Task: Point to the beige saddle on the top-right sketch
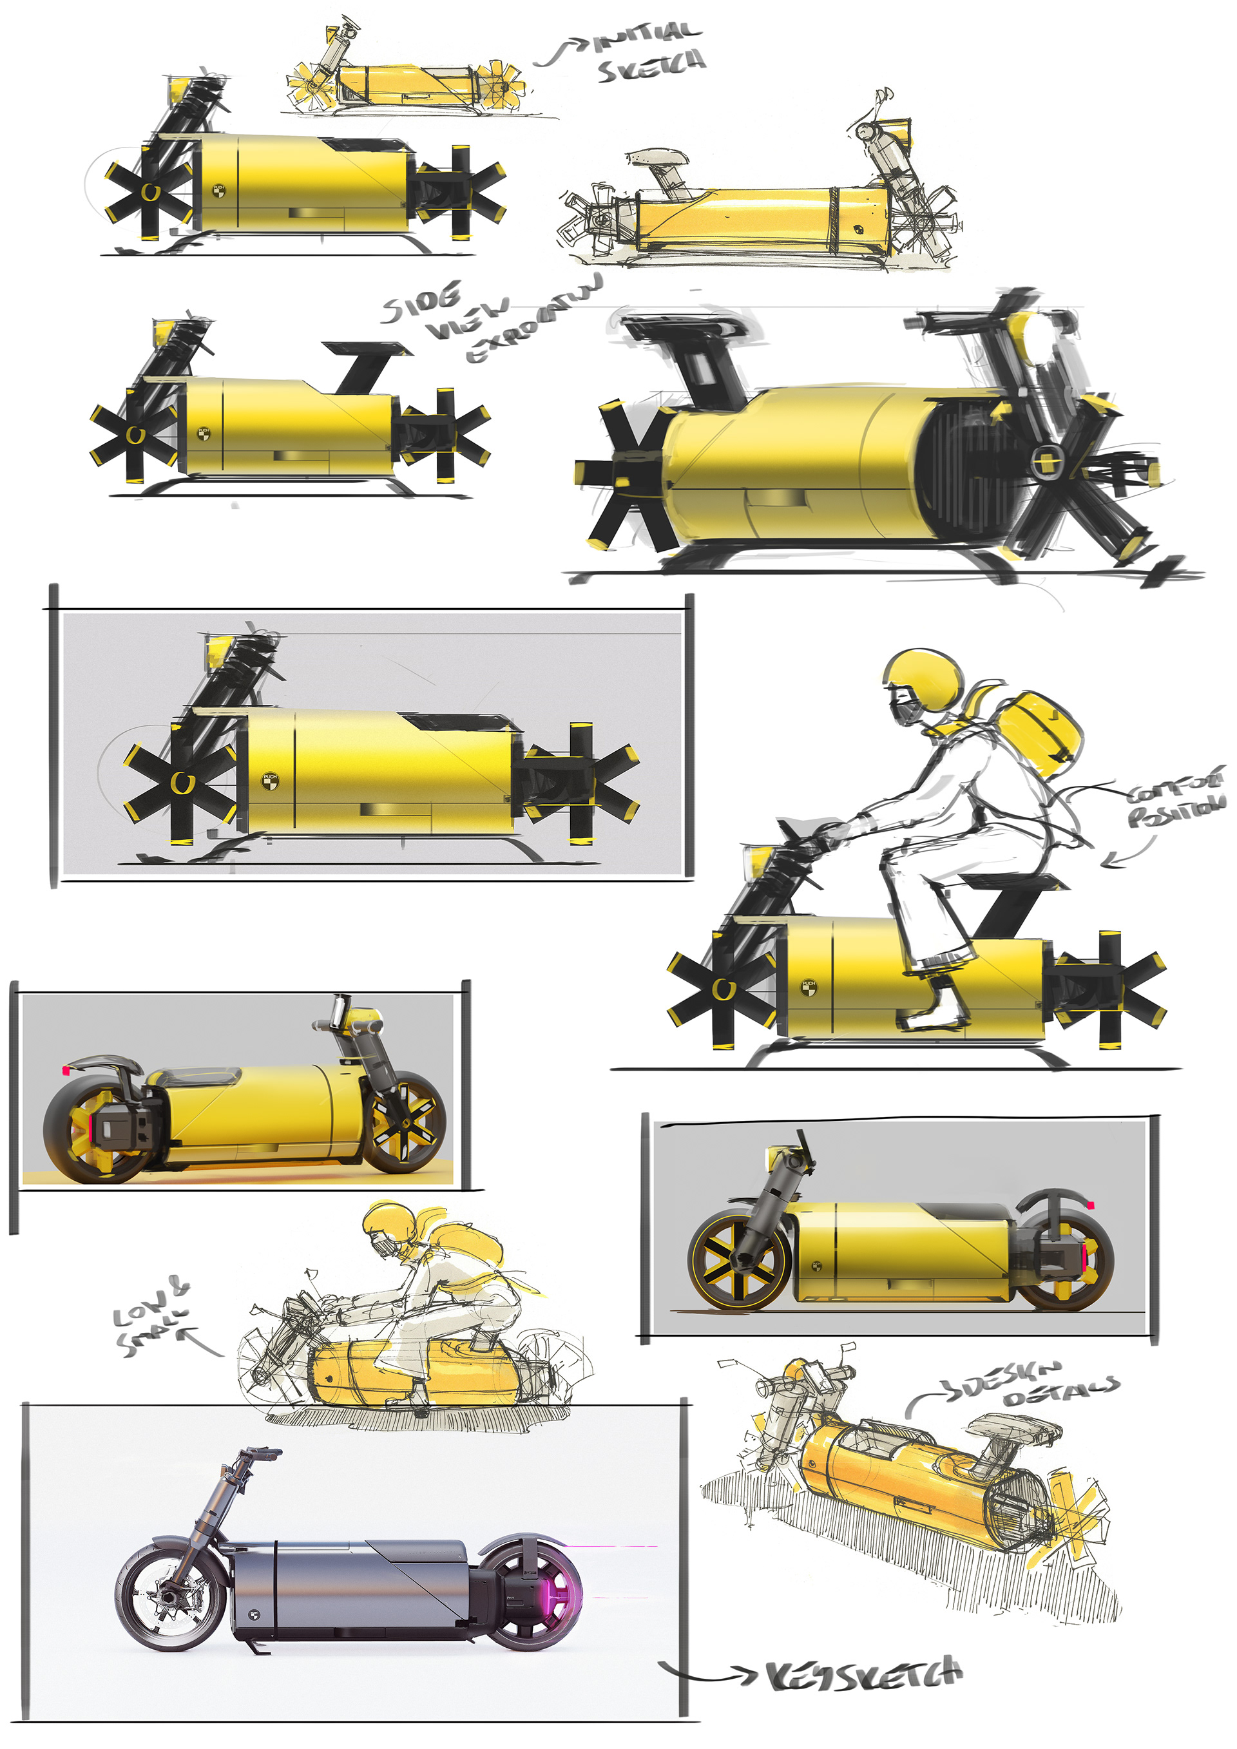657,158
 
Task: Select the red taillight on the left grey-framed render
66,1071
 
